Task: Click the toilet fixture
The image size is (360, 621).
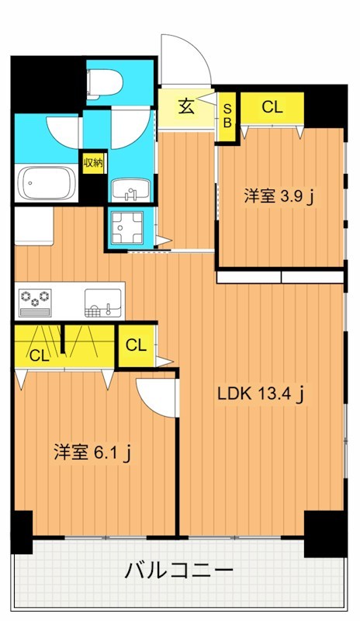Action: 102,82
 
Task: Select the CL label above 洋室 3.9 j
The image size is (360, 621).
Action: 272,108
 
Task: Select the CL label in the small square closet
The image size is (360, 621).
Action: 136,345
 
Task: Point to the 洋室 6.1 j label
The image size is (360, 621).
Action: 91,452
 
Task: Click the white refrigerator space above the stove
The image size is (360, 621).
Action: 33,225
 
